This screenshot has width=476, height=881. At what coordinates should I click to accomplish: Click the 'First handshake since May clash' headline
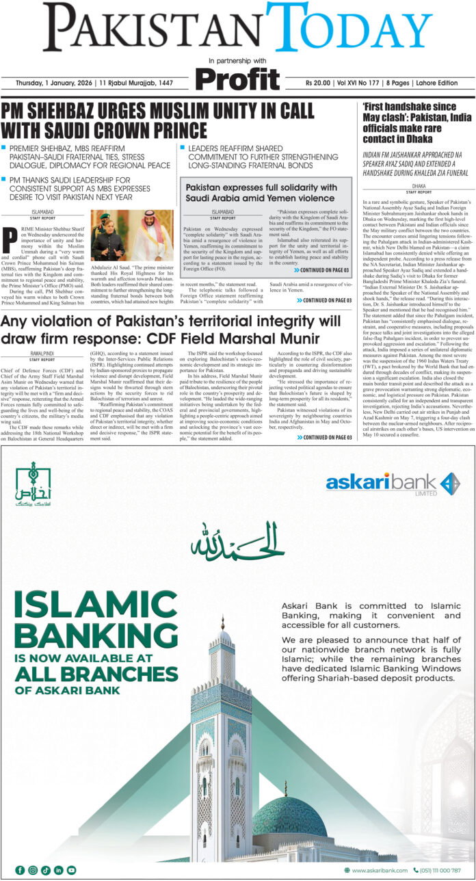pos(414,116)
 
